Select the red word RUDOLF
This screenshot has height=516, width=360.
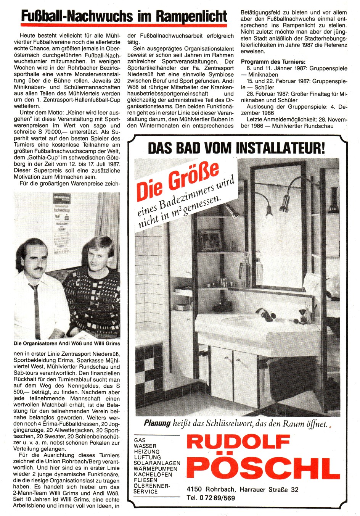coord(238,442)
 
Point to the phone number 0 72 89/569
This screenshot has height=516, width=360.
coord(216,498)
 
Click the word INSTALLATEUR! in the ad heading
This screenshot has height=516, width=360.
coord(280,148)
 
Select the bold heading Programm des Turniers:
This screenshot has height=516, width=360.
coord(273,62)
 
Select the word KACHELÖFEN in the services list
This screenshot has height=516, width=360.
coord(153,474)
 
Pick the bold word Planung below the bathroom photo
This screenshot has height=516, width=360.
coord(157,423)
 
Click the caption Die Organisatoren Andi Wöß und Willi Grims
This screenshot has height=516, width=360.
coord(67,343)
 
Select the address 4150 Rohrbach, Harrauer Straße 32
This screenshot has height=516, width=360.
coord(243,489)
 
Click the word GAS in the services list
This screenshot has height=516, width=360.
coord(139,440)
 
